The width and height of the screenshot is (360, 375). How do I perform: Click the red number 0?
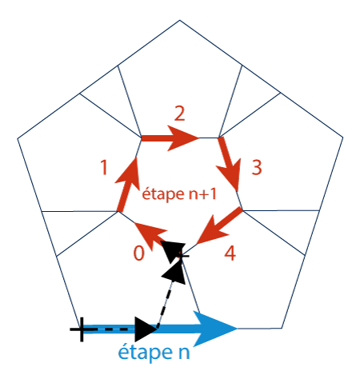pos(139,253)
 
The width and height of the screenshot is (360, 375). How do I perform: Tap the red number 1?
pos(104,167)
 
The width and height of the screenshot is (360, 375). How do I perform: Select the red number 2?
pos(179,114)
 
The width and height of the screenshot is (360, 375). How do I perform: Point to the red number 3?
pos(257,167)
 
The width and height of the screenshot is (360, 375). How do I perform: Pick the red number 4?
pos(230,253)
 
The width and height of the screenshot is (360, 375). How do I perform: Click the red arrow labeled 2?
pos(170,138)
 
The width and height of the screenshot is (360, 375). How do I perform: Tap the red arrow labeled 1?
pos(128,185)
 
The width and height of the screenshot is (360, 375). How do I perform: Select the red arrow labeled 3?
pos(229,164)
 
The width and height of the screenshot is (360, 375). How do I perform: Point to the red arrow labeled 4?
pos(219,226)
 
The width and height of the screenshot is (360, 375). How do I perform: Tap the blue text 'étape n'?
pos(154,353)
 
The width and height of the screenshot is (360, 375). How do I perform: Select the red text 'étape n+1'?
pos(179,193)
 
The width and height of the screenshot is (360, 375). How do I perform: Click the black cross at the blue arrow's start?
pos(81,329)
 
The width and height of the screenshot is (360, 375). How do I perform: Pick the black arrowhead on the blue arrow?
pos(146,329)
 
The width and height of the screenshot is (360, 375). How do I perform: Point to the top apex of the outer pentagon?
pos(180,20)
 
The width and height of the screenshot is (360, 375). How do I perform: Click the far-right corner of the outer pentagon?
pos(343,138)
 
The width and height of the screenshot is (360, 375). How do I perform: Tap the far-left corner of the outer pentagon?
pos(18,138)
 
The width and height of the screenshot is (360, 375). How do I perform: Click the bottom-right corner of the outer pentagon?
pos(282,328)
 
